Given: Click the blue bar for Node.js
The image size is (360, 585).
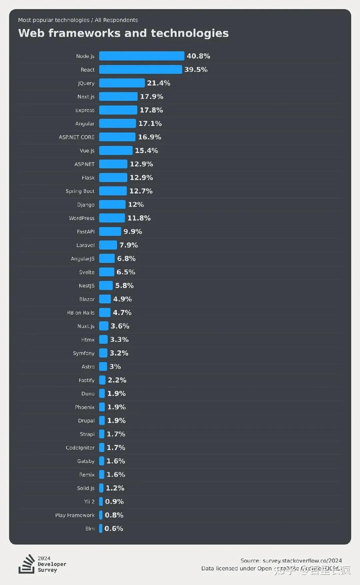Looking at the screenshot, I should click(141, 56).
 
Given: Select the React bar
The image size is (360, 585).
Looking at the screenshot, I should click(140, 69).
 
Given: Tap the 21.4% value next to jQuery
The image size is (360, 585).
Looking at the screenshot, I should click(159, 83).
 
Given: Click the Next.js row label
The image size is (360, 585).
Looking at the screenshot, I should click(86, 97).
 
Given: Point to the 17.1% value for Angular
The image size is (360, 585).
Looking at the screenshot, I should click(150, 124).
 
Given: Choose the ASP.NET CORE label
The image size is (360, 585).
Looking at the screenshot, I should click(77, 137).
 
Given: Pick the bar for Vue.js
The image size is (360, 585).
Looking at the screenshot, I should click(116, 151).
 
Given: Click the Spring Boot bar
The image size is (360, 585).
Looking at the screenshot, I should click(113, 191).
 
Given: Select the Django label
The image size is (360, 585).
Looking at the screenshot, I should click(86, 205).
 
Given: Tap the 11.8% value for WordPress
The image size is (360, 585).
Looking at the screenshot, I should click(139, 218).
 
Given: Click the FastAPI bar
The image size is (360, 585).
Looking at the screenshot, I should click(110, 231).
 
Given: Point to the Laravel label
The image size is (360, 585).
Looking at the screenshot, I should click(85, 245).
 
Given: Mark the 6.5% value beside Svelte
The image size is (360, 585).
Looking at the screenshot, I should click(126, 272).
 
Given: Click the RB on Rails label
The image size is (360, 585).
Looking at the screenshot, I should click(81, 313).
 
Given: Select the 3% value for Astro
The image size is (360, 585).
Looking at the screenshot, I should click(115, 367).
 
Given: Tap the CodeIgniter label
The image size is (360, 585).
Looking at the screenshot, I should click(80, 448).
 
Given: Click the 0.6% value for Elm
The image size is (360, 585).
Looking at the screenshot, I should click(114, 529).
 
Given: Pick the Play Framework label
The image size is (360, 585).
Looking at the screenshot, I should click(75, 515).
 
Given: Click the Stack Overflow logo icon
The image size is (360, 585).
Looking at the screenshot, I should click(27, 564).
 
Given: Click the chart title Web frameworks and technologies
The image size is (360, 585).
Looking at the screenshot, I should click(123, 33).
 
